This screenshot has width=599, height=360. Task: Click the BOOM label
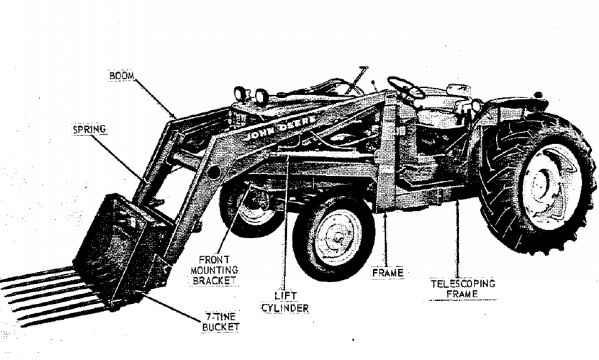coord(122,76)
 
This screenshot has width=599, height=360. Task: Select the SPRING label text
coord(89,130)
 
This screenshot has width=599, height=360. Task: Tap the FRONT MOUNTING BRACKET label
coord(214,270)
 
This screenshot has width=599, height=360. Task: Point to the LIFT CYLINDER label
coord(285,302)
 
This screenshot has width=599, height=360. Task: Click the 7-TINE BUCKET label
coord(221,322)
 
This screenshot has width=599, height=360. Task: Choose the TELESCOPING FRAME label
coord(463,289)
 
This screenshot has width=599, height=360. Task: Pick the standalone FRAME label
coord(388,273)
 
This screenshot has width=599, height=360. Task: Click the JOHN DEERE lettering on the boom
coord(280,127)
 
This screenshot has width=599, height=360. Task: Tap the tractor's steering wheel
coord(406,88)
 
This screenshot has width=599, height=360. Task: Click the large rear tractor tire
coord(537,183)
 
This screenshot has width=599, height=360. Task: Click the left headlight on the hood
coord(241,93)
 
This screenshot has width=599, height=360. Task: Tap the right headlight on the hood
coord(262,96)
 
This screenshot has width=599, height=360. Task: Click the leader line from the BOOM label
coord(155,97)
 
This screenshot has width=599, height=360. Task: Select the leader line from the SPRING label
coord(117,157)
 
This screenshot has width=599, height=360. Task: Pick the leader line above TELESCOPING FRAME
coord(457,240)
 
